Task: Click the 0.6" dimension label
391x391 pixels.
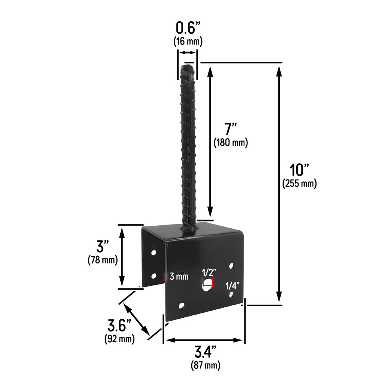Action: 188,28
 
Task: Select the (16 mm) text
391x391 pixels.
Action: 188,41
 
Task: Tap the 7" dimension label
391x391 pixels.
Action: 231,129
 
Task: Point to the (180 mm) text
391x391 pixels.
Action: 231,143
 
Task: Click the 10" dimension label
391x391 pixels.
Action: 299,169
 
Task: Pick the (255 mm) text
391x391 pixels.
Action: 299,184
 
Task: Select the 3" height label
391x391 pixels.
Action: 102,246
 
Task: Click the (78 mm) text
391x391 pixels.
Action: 102,260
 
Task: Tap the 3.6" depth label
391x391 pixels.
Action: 119,326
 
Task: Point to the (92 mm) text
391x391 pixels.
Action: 119,339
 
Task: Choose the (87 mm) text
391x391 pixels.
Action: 205,365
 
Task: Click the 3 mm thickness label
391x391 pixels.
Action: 179,277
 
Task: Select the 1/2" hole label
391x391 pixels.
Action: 209,273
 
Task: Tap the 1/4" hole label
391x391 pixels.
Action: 232,286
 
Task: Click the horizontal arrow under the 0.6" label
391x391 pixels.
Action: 187,53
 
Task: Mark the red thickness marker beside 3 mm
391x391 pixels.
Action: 166,277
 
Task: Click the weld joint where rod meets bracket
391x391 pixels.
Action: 189,228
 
